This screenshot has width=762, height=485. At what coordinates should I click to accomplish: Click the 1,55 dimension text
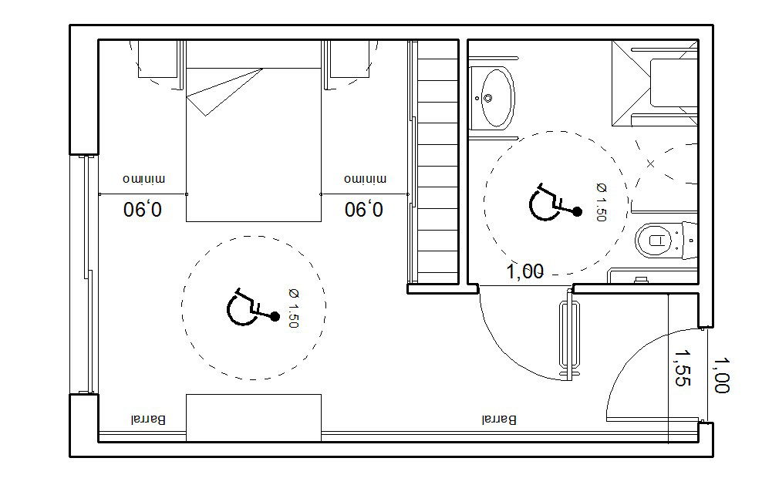click(681, 368)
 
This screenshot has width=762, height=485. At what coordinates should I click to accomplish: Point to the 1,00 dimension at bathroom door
click(525, 271)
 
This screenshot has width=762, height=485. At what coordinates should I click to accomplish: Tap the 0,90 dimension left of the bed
click(143, 210)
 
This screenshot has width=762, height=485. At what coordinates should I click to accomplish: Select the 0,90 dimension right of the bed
click(363, 210)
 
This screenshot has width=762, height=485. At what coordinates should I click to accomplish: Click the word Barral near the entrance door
click(499, 419)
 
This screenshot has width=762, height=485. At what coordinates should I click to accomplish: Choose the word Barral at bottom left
click(148, 419)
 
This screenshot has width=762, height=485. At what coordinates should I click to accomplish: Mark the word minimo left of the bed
click(144, 180)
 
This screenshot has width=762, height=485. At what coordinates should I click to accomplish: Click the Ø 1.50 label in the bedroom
click(293, 308)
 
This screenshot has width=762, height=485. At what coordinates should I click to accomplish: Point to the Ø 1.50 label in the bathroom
click(601, 202)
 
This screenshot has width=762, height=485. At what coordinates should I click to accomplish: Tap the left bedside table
click(157, 59)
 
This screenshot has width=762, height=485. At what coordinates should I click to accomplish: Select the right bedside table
click(349, 59)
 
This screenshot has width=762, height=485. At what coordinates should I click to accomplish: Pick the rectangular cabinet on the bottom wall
click(254, 418)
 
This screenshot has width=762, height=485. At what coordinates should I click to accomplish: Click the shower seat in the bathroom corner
click(673, 83)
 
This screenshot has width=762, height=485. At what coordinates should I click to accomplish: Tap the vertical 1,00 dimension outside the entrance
click(721, 376)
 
